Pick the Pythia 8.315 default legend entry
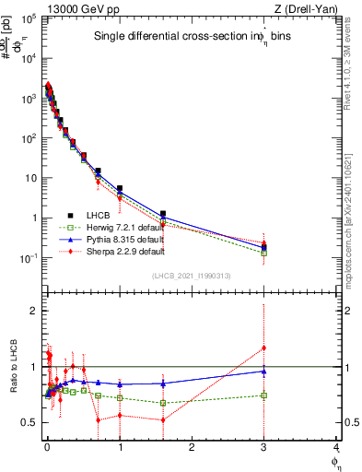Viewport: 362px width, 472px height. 112,239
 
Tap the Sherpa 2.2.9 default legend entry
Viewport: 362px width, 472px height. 112,251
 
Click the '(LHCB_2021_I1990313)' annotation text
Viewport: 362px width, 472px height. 191,277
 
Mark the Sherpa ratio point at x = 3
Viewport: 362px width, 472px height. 264,348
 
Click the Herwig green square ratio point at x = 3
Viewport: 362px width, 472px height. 264,395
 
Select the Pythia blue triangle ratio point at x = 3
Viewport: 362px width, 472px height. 264,372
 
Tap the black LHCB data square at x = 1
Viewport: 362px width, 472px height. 120,188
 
